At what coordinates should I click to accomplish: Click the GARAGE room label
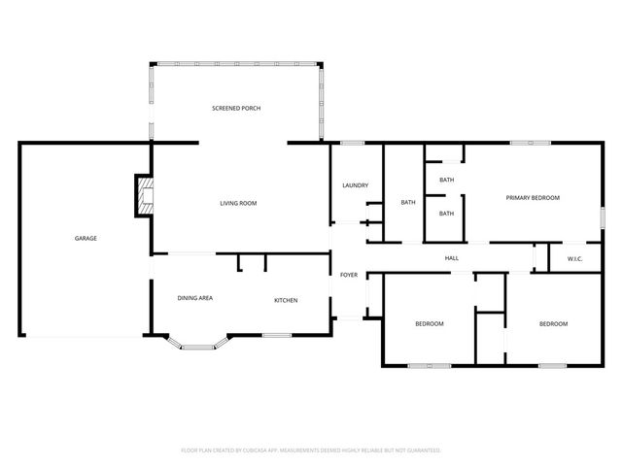[x=86, y=238]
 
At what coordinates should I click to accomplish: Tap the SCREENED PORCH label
[x=236, y=108]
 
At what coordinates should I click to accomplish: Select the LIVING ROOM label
[x=238, y=203]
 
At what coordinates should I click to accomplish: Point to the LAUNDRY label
[x=354, y=185]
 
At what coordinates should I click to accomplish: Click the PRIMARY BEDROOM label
[x=533, y=197]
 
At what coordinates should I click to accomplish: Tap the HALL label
[x=452, y=258]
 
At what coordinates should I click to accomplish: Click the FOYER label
[x=348, y=275]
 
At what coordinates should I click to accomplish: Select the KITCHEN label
[x=286, y=300]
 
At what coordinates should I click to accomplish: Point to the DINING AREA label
[x=194, y=299]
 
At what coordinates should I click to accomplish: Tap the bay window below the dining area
[x=198, y=344]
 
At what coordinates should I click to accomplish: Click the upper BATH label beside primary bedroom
[x=446, y=180]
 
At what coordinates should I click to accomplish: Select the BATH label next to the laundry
[x=408, y=202]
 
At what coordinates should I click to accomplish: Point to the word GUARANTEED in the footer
[x=422, y=450]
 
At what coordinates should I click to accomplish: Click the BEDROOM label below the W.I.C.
[x=553, y=323]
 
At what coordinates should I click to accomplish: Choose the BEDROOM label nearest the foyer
[x=430, y=323]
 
